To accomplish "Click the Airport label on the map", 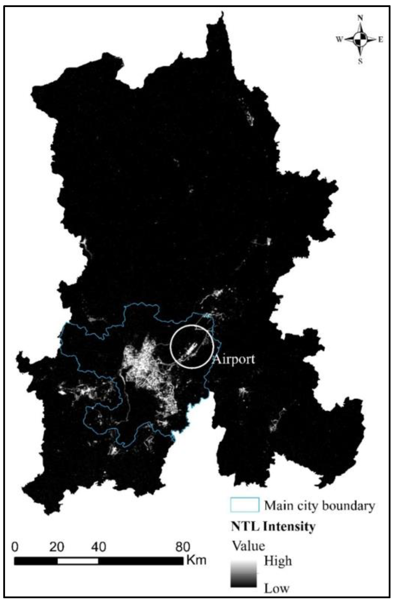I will point(234,359).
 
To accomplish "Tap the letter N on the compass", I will point(360,18).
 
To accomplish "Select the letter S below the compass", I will point(360,61).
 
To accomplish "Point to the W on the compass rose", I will point(340,39).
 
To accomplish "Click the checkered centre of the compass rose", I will point(360,39).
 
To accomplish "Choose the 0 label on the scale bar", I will point(15,547).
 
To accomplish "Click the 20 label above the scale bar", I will point(56,547).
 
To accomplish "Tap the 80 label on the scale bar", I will point(183,547).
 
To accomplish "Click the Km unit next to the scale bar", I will point(196,560).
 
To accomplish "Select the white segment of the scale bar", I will point(77,561).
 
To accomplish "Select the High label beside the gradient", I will point(278,561).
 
